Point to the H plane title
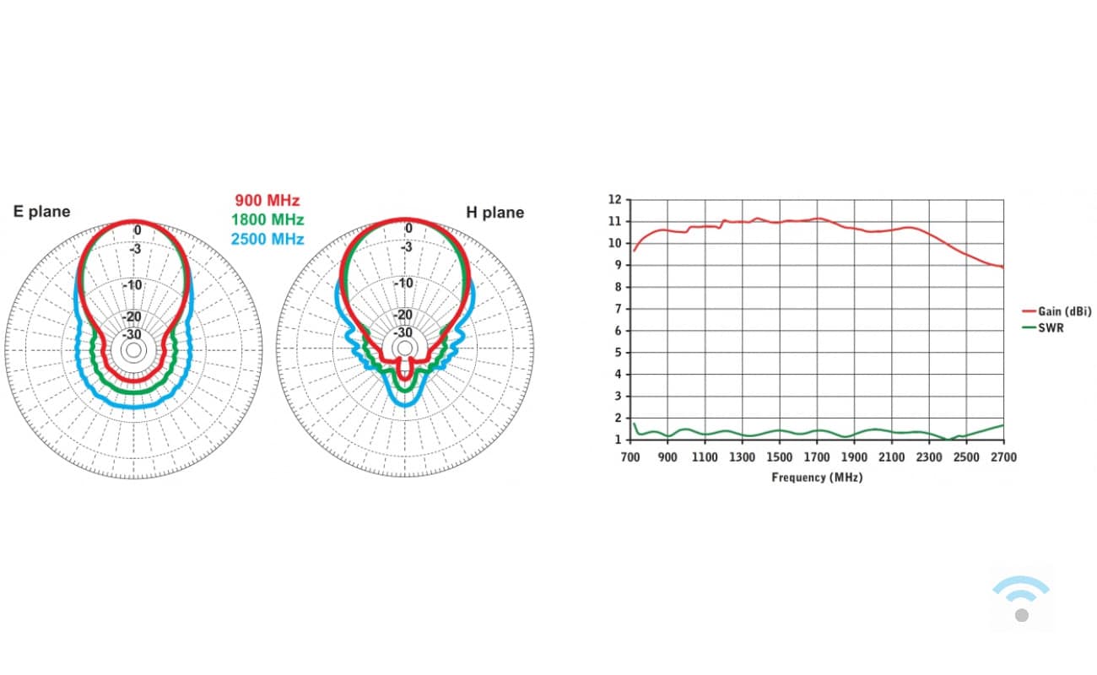[x=495, y=212]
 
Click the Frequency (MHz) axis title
[x=817, y=478]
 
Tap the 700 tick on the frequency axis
[x=630, y=457]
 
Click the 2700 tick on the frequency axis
[x=1003, y=457]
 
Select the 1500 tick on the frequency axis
[x=780, y=457]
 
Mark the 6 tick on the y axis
[x=618, y=331]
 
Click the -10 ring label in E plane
[x=132, y=284]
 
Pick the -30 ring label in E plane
[x=133, y=333]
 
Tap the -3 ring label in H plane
[x=407, y=247]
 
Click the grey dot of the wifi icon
[x=1022, y=615]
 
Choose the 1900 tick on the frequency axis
[x=854, y=457]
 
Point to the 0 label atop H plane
[x=409, y=229]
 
